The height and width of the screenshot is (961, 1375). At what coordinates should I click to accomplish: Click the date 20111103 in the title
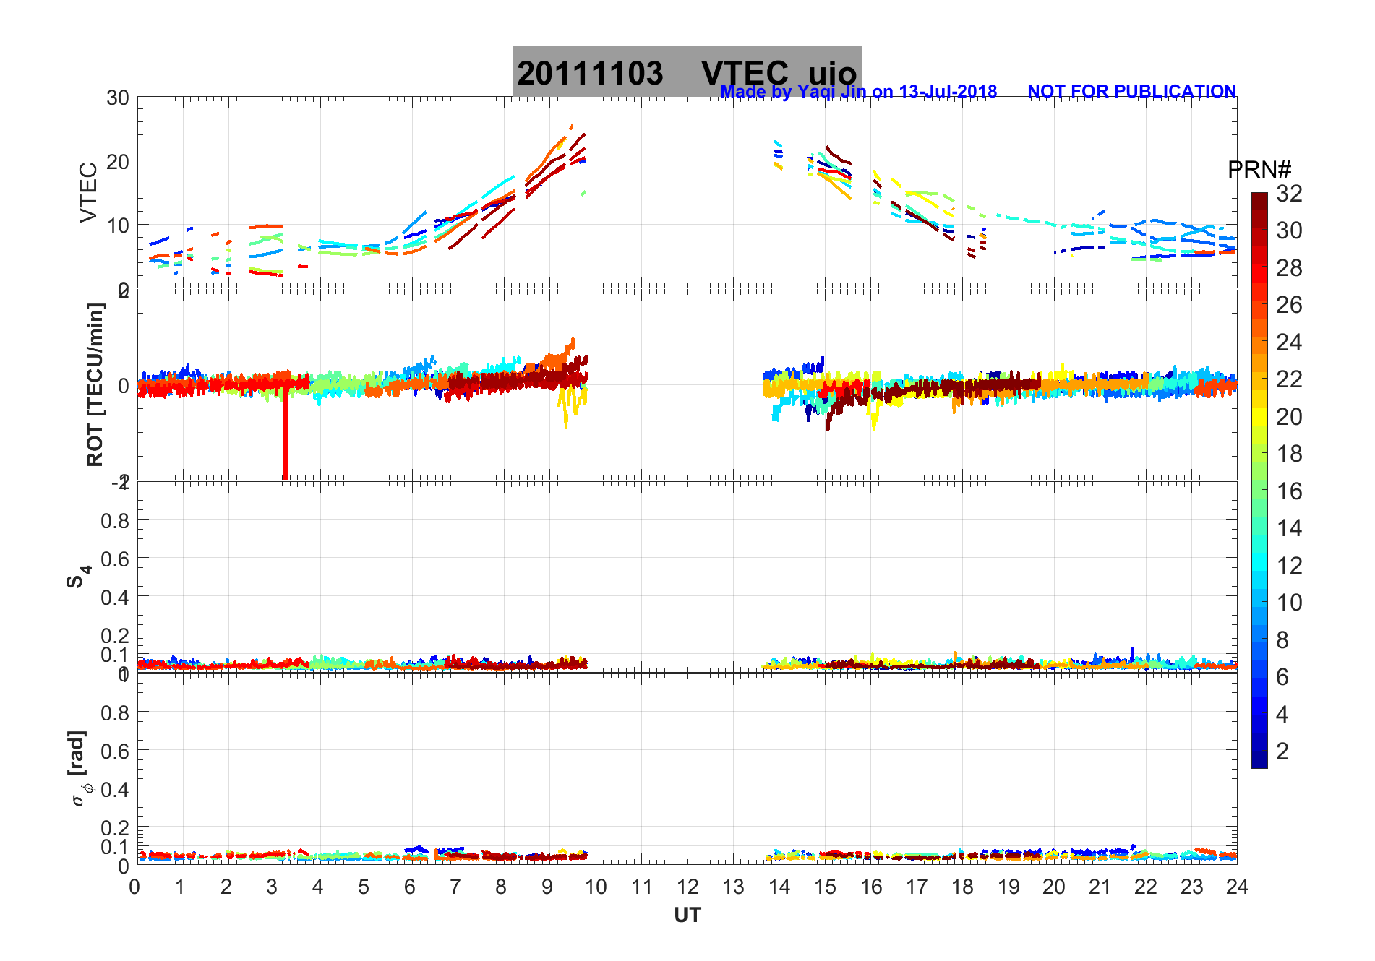point(589,74)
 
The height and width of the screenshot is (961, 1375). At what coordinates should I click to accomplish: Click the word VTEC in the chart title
point(745,74)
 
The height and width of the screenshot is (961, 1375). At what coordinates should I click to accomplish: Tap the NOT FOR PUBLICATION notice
point(1131,92)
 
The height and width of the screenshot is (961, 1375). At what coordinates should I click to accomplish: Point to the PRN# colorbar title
point(1259,170)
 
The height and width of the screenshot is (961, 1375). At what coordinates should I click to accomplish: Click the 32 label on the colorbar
point(1289,194)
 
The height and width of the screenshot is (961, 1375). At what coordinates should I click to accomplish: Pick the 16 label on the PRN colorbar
point(1289,491)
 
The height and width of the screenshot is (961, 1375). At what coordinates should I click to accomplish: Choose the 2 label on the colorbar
point(1282,751)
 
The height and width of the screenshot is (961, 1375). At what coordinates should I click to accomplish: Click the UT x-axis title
point(687,915)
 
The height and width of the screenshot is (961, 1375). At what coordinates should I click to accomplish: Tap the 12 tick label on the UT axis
point(687,887)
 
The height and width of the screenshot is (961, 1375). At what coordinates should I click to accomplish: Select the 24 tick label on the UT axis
point(1237,887)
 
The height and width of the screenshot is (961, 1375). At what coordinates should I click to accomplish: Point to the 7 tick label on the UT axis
point(455,887)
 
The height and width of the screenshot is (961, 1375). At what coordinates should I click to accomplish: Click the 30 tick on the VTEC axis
point(118,98)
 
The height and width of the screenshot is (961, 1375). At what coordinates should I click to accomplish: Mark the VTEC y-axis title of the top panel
point(88,192)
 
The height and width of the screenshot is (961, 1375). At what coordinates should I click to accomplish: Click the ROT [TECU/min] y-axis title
point(95,384)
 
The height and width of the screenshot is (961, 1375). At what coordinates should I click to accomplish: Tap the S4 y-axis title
point(78,577)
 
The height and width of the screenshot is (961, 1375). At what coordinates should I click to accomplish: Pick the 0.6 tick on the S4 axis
point(116,559)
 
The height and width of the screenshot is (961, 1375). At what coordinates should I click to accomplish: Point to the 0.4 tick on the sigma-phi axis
point(116,789)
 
